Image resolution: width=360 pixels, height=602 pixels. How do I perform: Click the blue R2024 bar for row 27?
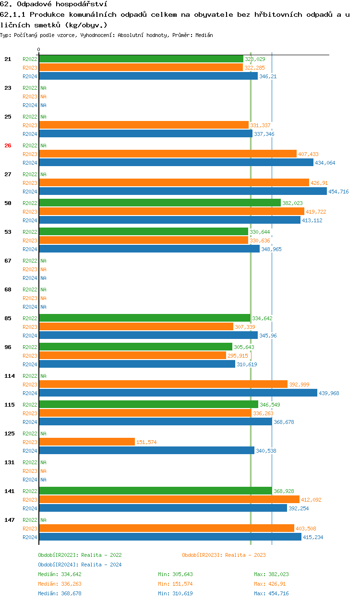(x=183, y=192)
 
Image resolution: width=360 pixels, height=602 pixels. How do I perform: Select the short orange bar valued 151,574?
(x=87, y=442)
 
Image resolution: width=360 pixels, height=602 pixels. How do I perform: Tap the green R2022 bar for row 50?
(x=160, y=203)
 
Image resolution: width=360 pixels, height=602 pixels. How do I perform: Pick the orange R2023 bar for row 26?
(x=168, y=154)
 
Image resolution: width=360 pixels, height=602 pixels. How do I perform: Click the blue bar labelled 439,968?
(x=178, y=393)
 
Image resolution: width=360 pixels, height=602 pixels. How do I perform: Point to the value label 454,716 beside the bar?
(x=338, y=192)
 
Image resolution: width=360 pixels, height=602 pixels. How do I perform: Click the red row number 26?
(x=8, y=145)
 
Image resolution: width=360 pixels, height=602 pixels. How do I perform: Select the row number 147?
(x=9, y=520)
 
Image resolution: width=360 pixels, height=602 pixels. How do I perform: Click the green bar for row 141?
(x=156, y=491)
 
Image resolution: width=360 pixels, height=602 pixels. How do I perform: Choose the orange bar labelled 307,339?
(x=136, y=326)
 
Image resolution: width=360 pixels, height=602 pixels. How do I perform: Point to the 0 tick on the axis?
(x=39, y=49)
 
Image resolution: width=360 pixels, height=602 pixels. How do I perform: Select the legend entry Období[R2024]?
(x=59, y=565)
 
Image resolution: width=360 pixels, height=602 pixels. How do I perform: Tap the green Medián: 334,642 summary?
(x=60, y=574)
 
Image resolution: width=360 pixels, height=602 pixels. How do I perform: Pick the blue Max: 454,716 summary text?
(x=271, y=593)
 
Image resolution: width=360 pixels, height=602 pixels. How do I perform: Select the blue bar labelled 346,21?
(x=148, y=76)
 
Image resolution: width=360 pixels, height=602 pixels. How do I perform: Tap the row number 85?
(x=8, y=318)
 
